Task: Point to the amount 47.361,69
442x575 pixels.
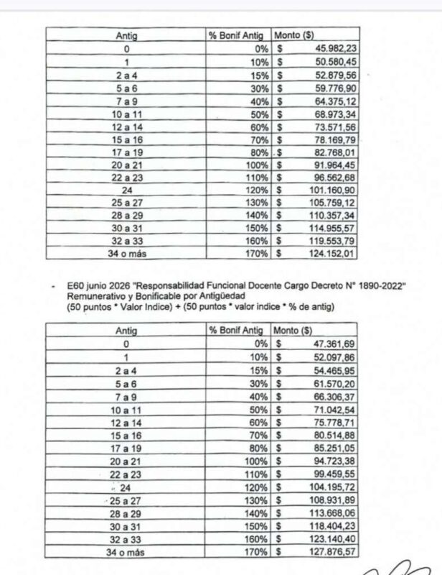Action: click(x=336, y=345)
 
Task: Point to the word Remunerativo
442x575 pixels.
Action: click(x=94, y=296)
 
